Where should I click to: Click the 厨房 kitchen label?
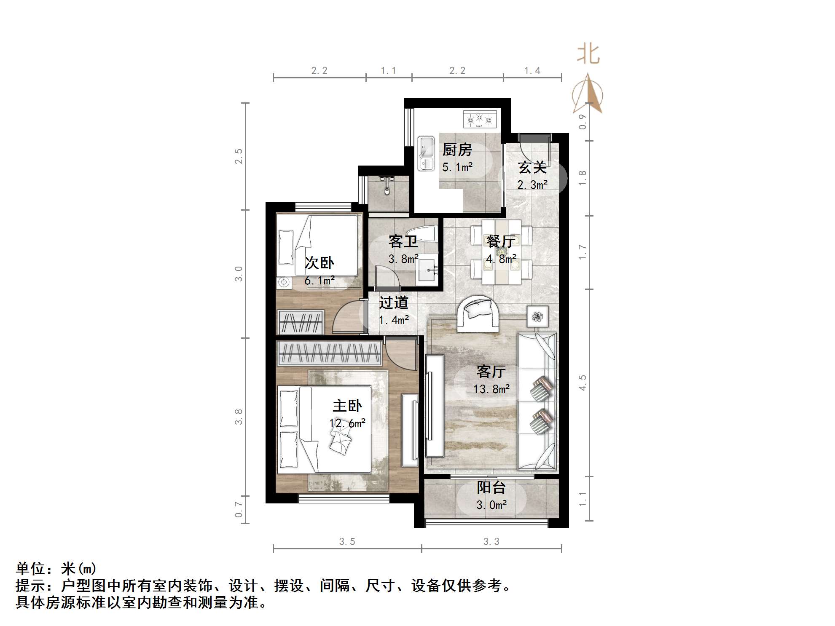point(457,150)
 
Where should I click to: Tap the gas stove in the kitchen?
point(480,119)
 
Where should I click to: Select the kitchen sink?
point(426,153)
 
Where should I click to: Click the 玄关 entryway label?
point(532,167)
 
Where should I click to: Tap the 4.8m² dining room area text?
point(501,259)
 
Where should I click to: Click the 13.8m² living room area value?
point(491,389)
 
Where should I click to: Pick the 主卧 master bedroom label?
point(347,406)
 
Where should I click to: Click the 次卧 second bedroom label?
point(319,263)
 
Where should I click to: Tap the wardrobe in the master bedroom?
point(329,353)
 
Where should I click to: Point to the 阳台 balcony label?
point(491,487)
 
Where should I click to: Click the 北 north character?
point(588,55)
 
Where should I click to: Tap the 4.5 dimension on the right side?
point(583,383)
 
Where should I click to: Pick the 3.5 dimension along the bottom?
point(347,542)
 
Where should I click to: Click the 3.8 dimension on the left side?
point(239,416)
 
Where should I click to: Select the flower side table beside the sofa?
point(537,316)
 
